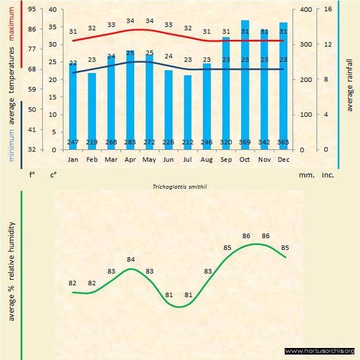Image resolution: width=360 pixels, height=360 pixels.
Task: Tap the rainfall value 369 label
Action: point(245,142)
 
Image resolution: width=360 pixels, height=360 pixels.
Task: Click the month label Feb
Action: point(92,160)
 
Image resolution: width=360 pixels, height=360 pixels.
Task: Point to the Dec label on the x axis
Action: point(284,160)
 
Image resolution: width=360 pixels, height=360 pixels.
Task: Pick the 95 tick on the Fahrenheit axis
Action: point(32,10)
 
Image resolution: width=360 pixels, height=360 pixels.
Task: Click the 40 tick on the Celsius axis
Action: point(52,10)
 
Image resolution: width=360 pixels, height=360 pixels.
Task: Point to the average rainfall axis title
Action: point(350,85)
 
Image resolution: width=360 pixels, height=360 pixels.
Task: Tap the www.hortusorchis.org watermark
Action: point(320,351)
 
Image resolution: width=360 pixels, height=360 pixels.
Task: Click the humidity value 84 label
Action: point(130,260)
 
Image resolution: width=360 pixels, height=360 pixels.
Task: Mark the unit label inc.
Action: point(327,175)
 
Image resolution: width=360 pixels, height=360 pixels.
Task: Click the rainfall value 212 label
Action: point(188,142)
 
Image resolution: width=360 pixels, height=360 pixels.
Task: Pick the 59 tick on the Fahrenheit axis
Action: point(32,89)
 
